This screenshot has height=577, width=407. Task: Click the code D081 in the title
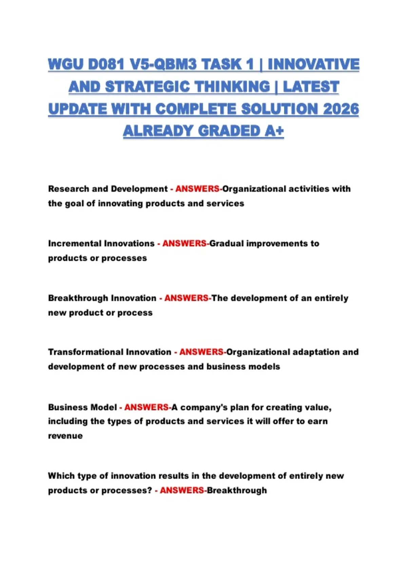coord(106,64)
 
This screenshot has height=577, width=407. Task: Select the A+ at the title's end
coord(274,131)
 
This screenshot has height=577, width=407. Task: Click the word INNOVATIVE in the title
coord(313,64)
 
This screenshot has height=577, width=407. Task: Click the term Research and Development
coord(108,189)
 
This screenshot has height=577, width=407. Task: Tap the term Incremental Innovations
coord(101,243)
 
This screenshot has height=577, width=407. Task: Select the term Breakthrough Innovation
coord(102,298)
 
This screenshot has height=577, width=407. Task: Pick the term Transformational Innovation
coord(110,352)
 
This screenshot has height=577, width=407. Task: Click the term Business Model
coord(82,407)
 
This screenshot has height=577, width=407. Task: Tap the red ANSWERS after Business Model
coord(146,407)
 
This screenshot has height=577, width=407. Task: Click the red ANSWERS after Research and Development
coord(197,189)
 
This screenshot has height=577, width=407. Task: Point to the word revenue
coord(65,436)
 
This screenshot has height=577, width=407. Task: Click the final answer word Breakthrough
coord(237,490)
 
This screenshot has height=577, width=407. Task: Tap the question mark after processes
coord(150,490)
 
